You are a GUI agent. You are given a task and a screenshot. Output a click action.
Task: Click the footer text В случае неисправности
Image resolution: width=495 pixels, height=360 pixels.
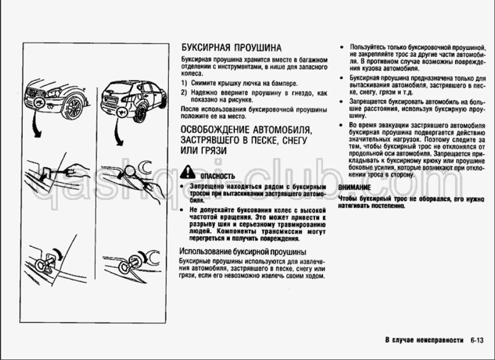coord(424,340)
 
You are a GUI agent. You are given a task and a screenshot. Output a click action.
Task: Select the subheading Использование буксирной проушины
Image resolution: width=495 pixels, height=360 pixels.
coord(242,252)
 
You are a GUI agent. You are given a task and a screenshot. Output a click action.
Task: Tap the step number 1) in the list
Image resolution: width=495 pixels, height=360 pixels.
coord(184,83)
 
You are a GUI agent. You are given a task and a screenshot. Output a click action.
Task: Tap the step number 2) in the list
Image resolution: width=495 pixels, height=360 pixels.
coord(184,92)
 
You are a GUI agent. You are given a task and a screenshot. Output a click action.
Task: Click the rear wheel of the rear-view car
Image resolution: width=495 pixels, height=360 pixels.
coord(140,113)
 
